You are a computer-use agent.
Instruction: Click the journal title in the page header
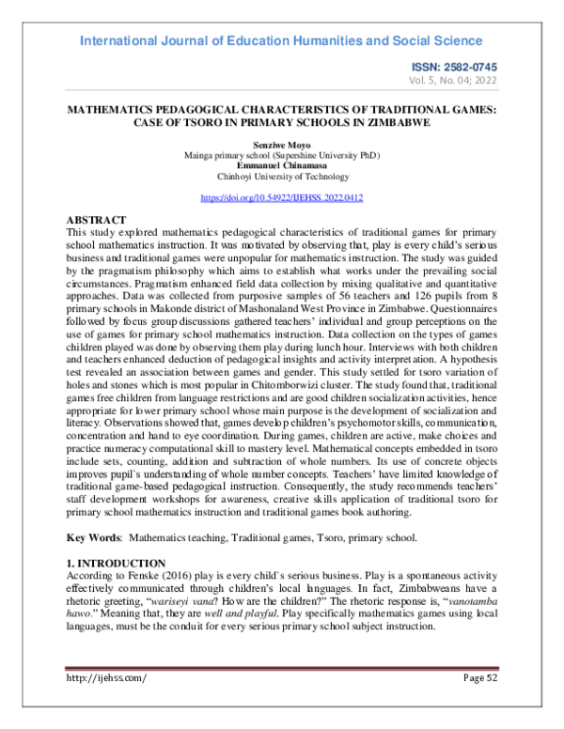point(281,40)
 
